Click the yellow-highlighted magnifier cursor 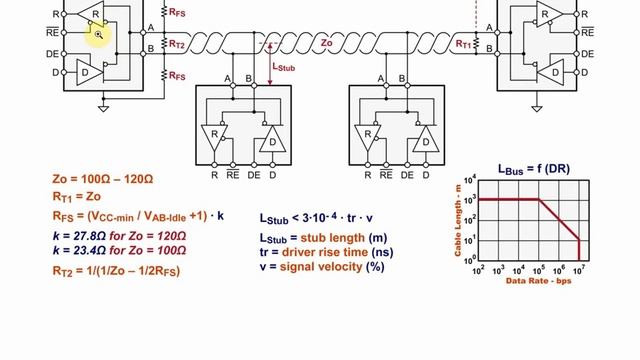98,35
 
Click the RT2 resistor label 176,44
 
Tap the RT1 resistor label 463,44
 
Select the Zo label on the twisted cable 326,43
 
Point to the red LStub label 283,67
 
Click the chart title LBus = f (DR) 534,169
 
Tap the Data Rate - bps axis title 538,281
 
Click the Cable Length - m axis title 458,220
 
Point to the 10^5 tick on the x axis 539,270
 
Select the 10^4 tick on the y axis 470,181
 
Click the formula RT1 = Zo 77,197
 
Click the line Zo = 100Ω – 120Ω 103,179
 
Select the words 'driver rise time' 325,252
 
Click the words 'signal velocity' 321,267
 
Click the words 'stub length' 333,238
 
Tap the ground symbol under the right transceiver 537,109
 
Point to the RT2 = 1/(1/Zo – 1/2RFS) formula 116,271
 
